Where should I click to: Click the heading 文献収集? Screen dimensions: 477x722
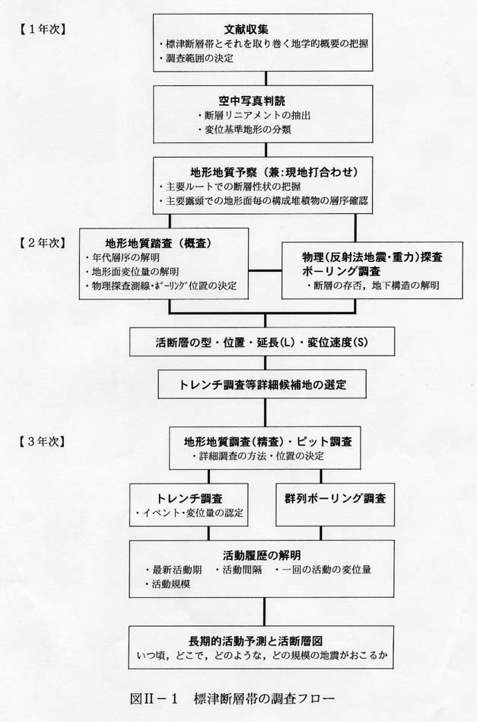point(246,30)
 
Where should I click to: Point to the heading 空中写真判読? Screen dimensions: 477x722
point(252,101)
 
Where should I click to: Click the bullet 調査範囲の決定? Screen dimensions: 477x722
point(197,59)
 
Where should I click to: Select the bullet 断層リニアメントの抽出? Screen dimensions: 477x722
point(254,115)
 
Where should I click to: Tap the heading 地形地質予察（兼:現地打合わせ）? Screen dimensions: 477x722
point(274,172)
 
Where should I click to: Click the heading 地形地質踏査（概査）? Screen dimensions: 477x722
point(159,243)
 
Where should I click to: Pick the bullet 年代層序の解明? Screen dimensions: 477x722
point(122,257)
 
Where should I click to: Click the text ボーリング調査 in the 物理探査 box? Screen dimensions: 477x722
point(342,271)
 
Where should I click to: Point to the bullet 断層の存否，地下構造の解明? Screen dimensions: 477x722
point(373,286)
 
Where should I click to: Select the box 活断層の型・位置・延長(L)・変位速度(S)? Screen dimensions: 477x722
point(262,342)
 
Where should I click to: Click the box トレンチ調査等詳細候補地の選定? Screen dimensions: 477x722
point(262,384)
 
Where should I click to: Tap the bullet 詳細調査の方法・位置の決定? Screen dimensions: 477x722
point(258,456)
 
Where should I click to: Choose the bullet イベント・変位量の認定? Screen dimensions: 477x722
point(189,513)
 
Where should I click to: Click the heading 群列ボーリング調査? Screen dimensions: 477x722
point(335,498)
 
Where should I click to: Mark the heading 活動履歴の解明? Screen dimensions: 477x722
point(262,555)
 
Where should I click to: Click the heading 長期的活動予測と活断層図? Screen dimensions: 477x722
point(256,641)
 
